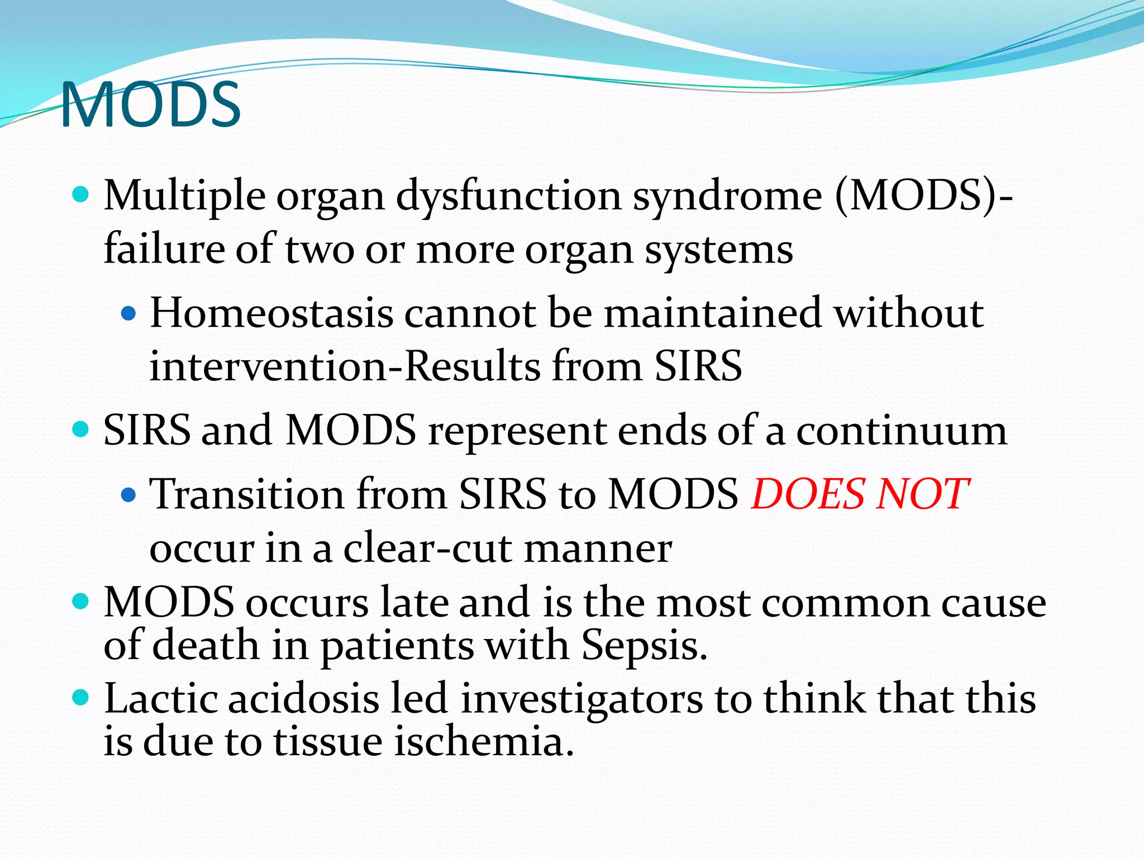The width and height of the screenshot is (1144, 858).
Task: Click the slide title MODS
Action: click(151, 104)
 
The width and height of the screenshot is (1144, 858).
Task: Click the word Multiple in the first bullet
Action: click(184, 197)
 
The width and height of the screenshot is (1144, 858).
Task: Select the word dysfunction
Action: click(508, 197)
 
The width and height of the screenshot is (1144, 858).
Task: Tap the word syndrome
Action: click(727, 197)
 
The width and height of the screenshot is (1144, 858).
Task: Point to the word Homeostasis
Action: click(271, 313)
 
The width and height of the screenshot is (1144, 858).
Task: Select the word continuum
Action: click(902, 431)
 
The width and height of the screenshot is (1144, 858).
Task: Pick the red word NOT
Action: click(922, 494)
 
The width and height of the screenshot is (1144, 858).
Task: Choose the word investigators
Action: click(581, 699)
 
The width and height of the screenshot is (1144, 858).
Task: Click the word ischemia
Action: click(484, 742)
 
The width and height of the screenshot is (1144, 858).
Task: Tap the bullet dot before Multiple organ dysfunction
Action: click(82, 195)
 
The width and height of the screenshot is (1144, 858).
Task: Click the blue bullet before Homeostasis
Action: click(128, 314)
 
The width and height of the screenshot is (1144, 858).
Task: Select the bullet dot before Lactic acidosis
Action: click(82, 697)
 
